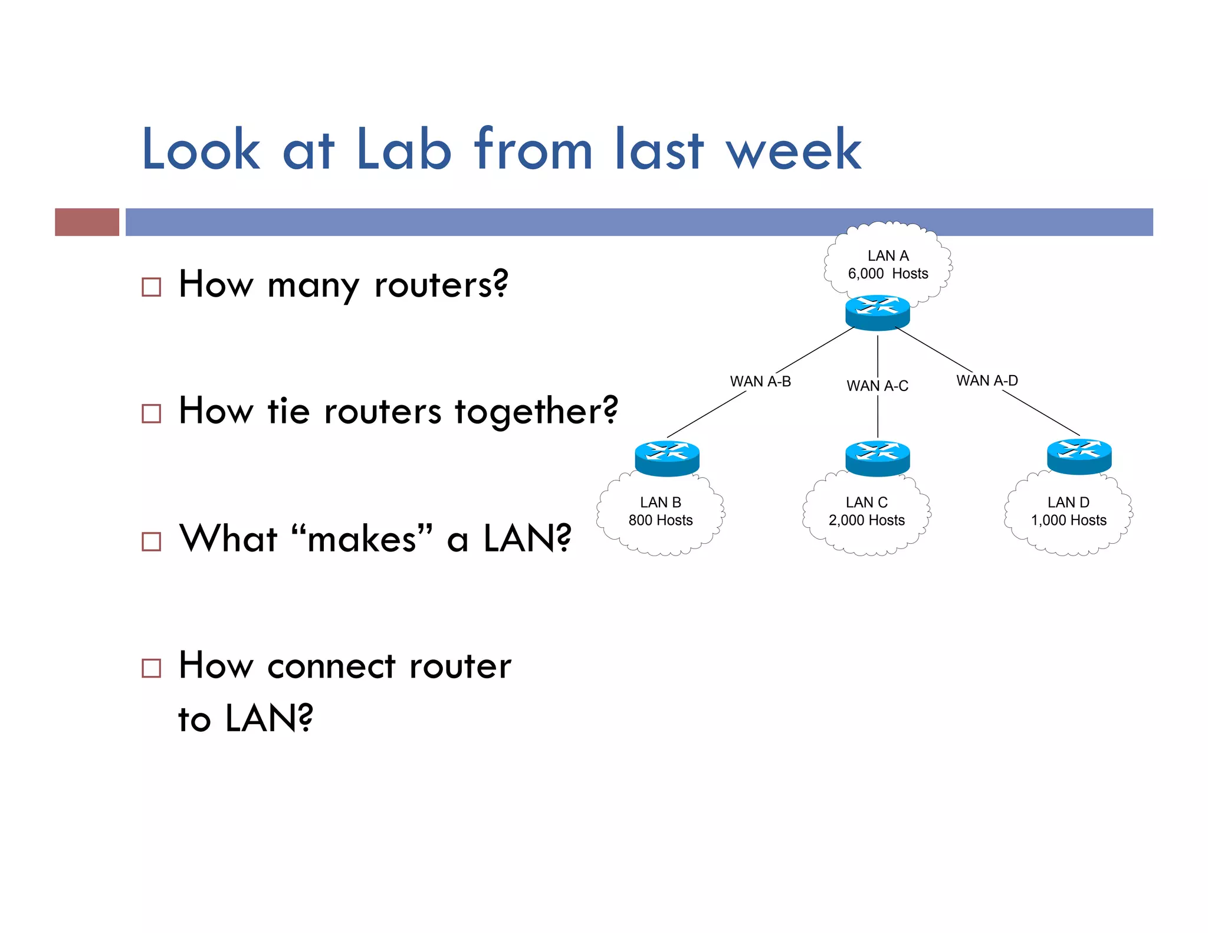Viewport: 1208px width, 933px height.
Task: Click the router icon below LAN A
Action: tap(877, 313)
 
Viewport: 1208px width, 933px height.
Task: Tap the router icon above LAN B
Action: tap(667, 458)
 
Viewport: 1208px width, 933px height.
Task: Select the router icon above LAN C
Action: tap(877, 458)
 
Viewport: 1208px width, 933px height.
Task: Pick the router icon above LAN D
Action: tap(1079, 456)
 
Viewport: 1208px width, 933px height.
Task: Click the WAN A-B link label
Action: tap(760, 382)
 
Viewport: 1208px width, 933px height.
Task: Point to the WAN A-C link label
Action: tap(877, 386)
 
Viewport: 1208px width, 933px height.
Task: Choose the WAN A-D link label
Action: tap(987, 380)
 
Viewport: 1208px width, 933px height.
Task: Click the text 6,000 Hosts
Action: tap(888, 274)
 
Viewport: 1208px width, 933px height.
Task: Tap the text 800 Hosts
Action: tap(661, 520)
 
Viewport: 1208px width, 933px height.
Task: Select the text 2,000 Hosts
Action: tap(866, 520)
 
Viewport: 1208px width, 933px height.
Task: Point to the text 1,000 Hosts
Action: tap(1068, 520)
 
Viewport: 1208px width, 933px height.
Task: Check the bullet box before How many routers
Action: tap(152, 287)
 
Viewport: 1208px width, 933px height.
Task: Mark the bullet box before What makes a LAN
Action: tap(152, 541)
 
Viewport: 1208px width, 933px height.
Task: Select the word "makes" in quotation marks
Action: tap(362, 538)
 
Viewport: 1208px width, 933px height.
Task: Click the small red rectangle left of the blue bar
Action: tap(87, 222)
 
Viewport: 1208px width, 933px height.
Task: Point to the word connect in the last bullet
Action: tap(331, 666)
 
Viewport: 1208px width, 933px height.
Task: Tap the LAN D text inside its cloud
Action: tap(1068, 502)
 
